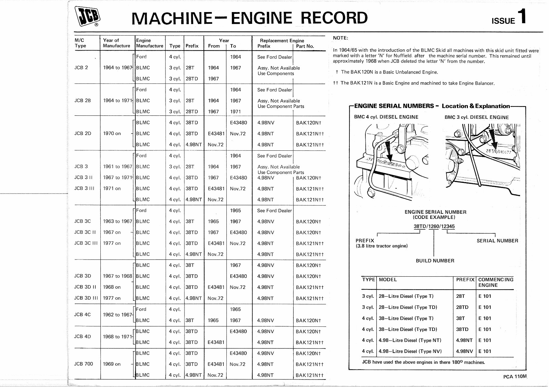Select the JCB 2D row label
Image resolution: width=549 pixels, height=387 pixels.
tap(83, 134)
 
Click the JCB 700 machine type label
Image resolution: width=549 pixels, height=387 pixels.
tap(84, 364)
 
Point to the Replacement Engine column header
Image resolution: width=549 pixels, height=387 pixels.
tap(282, 41)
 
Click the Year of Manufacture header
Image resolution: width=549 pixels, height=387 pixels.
tap(116, 43)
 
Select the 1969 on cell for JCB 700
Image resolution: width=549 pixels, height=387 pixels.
tap(112, 364)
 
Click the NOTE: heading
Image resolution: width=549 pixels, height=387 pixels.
tap(340, 38)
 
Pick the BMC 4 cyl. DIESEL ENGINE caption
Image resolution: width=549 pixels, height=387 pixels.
tap(386, 117)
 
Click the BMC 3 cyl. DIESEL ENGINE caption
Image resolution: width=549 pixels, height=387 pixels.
tap(476, 118)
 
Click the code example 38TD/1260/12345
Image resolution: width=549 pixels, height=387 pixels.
tap(434, 226)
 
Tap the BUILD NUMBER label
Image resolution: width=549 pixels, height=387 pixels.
tap(435, 261)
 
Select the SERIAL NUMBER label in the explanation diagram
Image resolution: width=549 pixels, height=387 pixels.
tap(497, 241)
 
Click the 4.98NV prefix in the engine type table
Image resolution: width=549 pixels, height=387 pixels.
tap(464, 351)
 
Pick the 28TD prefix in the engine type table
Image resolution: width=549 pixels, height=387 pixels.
tap(462, 307)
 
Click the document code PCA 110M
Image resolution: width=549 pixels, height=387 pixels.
tap(515, 376)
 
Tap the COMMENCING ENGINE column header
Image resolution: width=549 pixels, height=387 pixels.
tap(495, 282)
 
